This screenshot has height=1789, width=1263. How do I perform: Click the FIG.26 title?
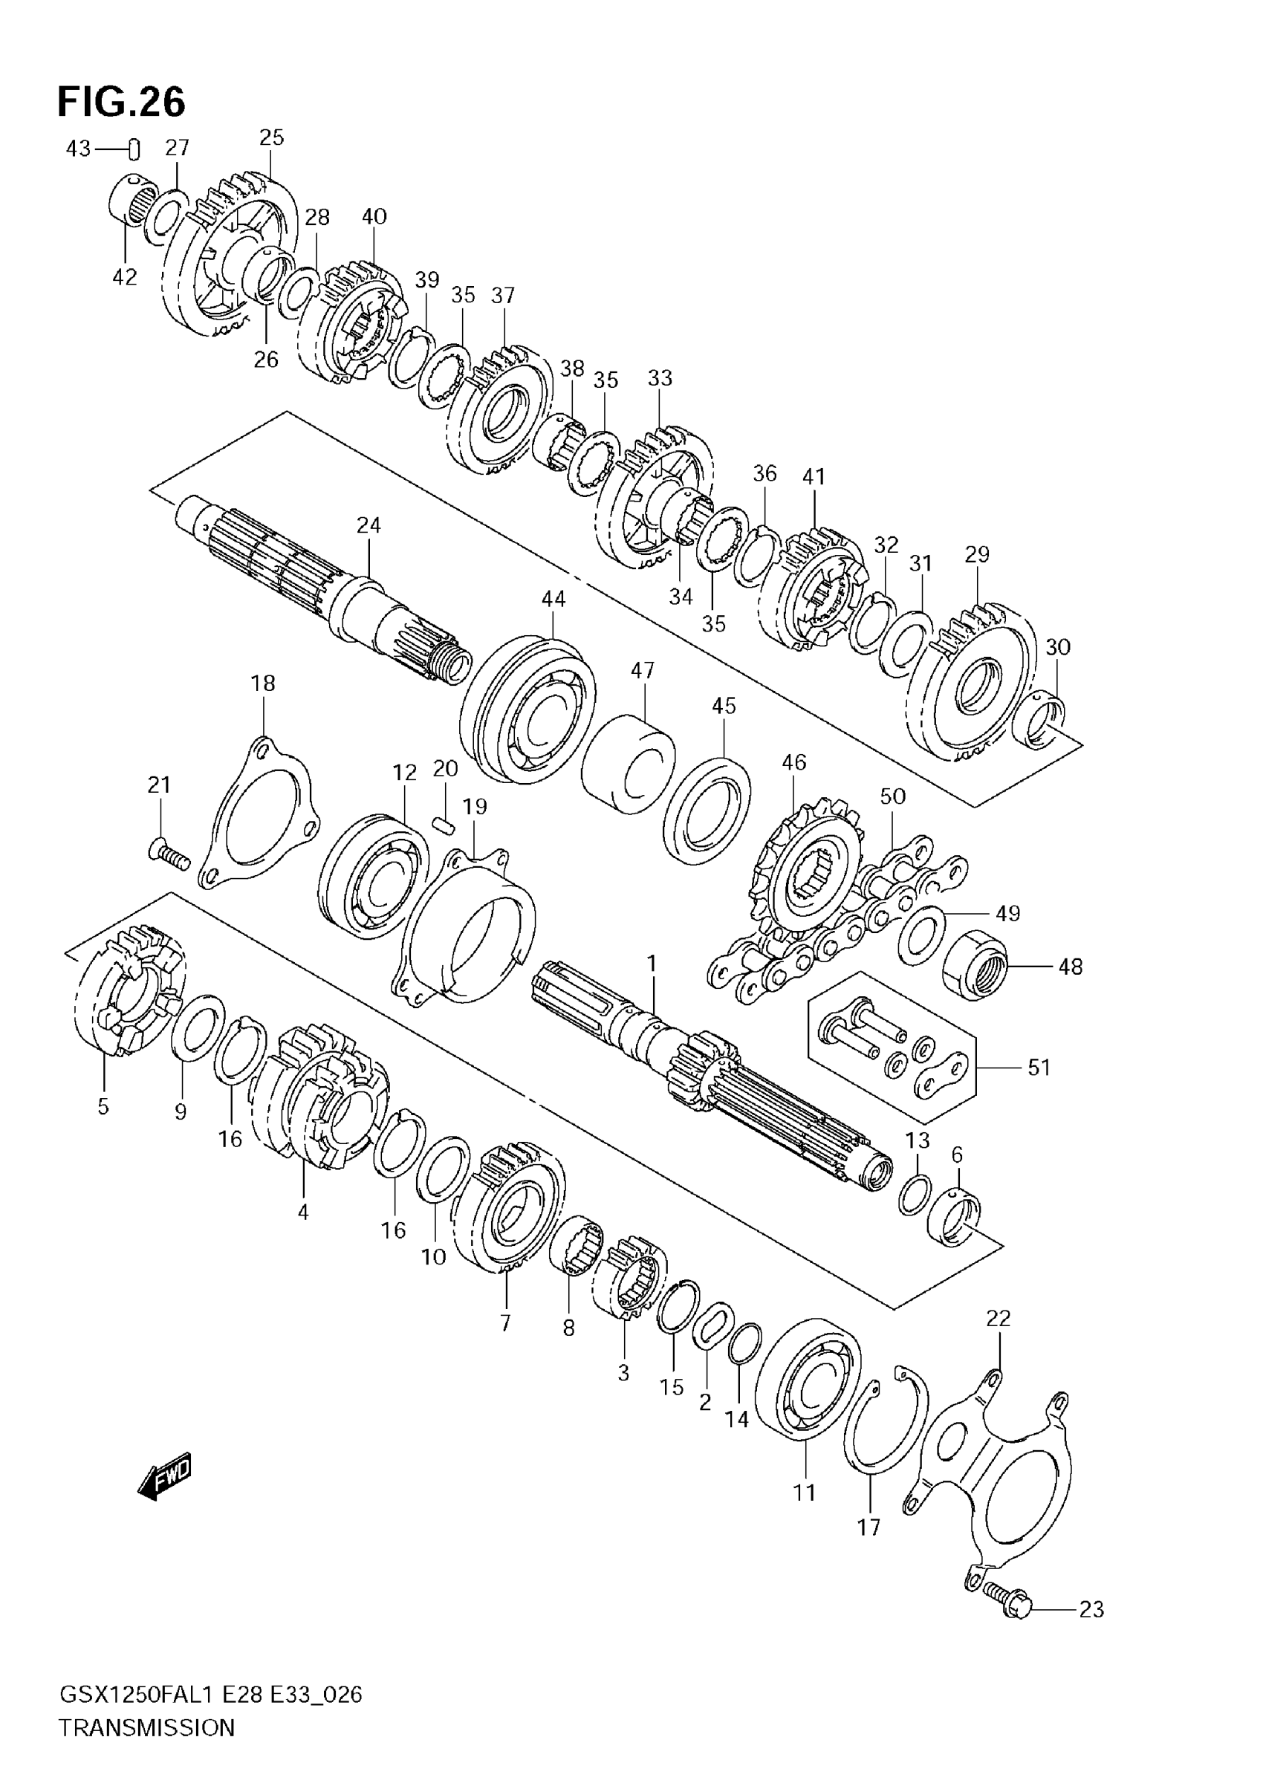pyautogui.click(x=122, y=102)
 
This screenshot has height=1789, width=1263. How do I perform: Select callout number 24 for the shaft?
pyautogui.click(x=368, y=526)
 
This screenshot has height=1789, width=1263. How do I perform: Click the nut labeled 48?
pyautogui.click(x=975, y=965)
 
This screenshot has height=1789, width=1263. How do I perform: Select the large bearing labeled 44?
pyautogui.click(x=528, y=709)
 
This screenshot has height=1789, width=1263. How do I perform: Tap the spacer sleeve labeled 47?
pyautogui.click(x=628, y=763)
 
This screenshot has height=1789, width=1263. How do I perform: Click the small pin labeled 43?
pyautogui.click(x=134, y=147)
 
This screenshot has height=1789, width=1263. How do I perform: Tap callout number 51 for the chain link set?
pyautogui.click(x=1039, y=1067)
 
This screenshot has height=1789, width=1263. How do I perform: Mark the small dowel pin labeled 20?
pyautogui.click(x=444, y=824)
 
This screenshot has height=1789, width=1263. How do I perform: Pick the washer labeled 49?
pyautogui.click(x=922, y=933)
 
